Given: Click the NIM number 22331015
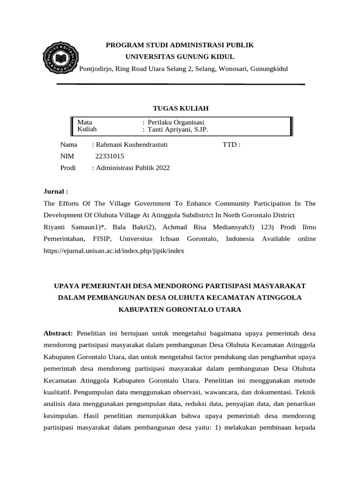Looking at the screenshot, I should pyautogui.click(x=110, y=157).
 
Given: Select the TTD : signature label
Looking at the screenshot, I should pyautogui.click(x=231, y=145).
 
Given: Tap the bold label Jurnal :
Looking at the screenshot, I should pyautogui.click(x=56, y=192).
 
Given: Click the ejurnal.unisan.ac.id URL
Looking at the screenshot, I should pyautogui.click(x=114, y=251).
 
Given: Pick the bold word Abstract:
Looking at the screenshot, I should pyautogui.click(x=58, y=333).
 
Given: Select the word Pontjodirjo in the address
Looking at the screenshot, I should pyautogui.click(x=97, y=69).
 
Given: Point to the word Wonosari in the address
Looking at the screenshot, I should pyautogui.click(x=219, y=69).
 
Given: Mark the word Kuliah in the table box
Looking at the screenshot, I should pyautogui.click(x=87, y=129).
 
